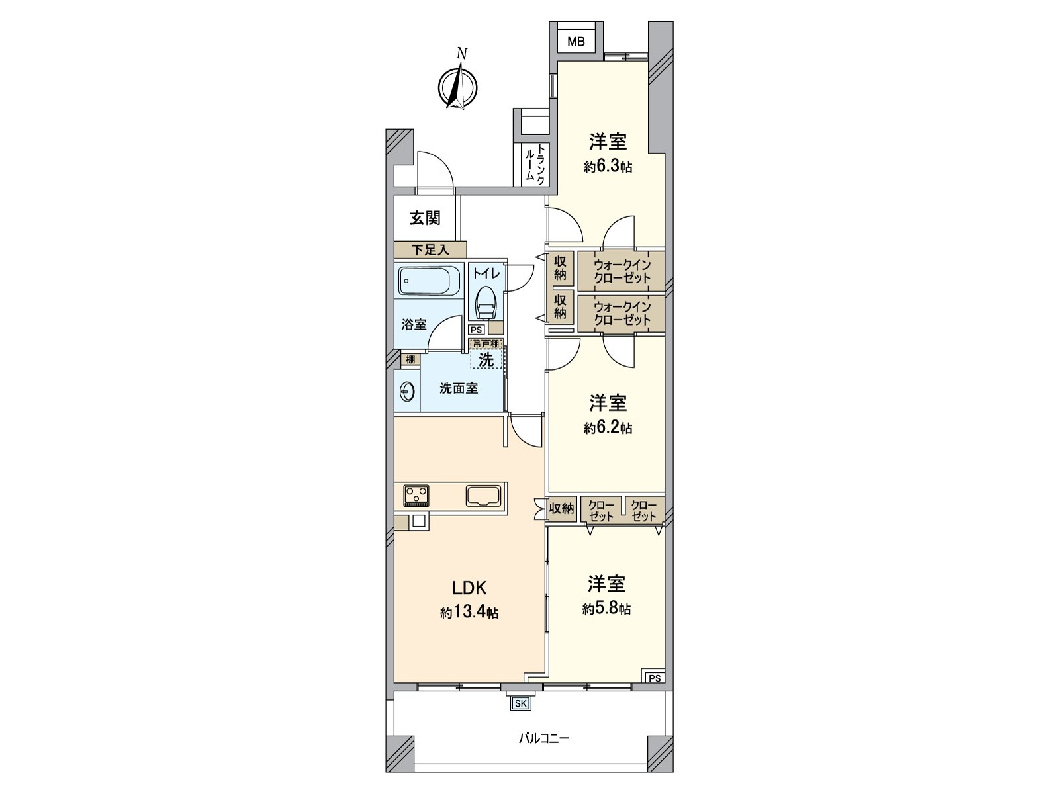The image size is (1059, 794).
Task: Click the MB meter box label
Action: click(576, 42)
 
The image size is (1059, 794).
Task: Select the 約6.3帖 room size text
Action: click(608, 167)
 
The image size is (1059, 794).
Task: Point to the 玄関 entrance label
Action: click(425, 218)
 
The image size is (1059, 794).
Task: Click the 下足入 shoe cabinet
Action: click(430, 249)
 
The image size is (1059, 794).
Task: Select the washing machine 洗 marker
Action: click(486, 359)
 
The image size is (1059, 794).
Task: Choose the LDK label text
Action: click(469, 587)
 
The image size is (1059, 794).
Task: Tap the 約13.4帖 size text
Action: click(469, 613)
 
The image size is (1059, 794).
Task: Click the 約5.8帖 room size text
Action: click(606, 609)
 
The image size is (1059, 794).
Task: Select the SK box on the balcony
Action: click(520, 703)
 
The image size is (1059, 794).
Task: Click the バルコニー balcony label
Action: click(544, 738)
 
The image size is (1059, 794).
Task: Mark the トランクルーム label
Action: click(535, 164)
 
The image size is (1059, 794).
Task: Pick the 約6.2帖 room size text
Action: click(608, 427)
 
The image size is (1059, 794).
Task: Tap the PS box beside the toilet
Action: click(477, 330)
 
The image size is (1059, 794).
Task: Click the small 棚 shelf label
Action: click(410, 359)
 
